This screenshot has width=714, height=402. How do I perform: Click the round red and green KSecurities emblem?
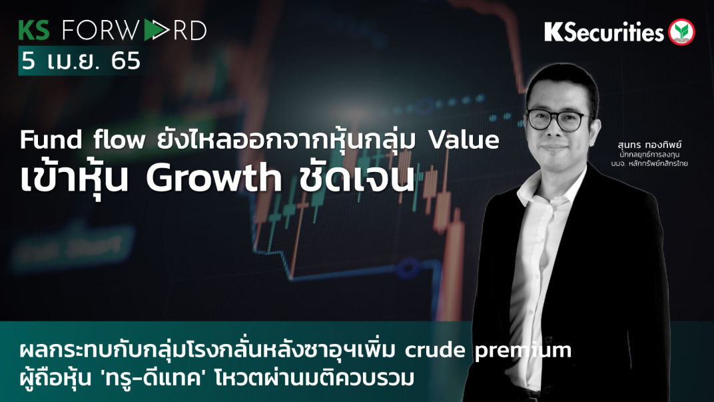681,31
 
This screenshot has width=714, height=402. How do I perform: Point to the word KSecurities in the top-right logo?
603,31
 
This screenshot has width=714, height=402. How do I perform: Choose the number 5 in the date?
27,61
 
